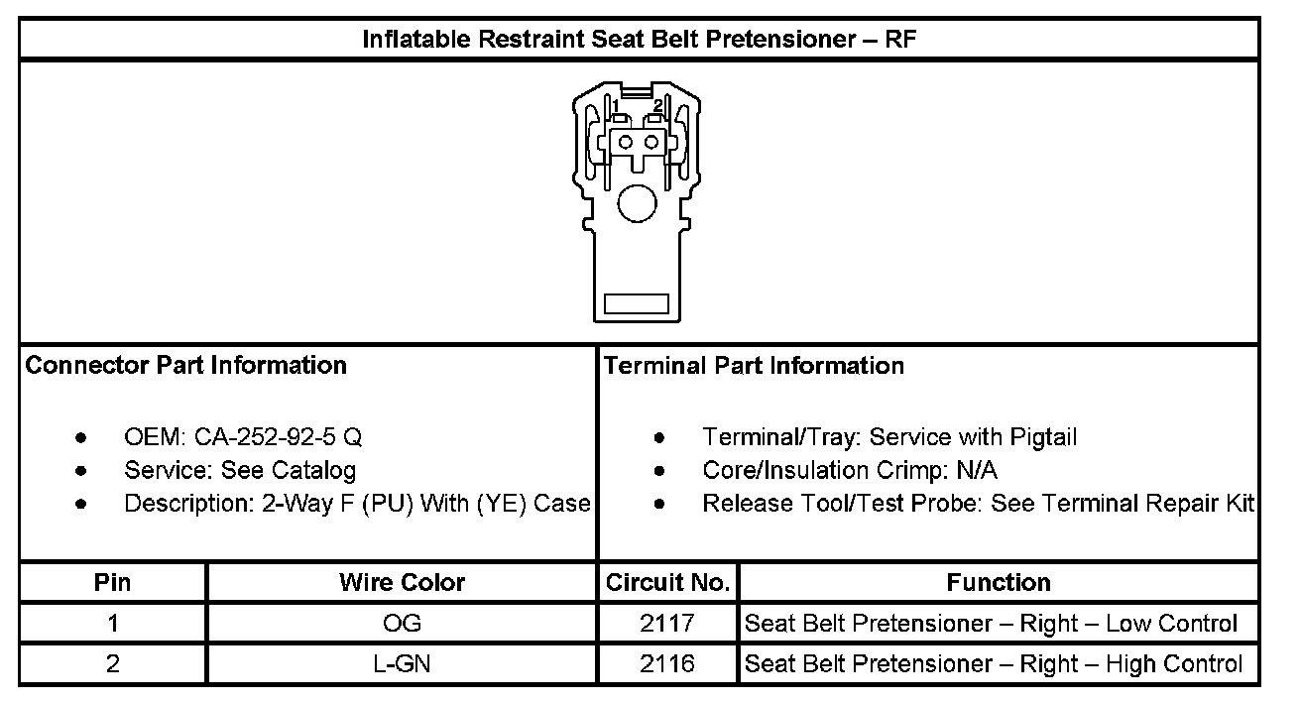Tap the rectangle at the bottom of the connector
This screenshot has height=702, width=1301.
click(637, 303)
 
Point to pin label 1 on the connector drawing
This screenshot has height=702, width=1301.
click(616, 105)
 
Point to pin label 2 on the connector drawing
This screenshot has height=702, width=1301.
click(656, 105)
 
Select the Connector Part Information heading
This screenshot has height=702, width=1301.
click(186, 366)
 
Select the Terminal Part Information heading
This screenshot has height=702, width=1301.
click(754, 366)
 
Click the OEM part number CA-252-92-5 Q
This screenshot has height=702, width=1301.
click(286, 437)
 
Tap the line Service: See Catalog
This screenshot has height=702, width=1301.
click(239, 470)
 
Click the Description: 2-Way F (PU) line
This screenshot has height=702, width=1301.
click(357, 504)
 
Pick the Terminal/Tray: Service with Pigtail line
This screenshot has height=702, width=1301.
click(888, 437)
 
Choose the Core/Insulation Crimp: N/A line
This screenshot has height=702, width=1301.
click(850, 470)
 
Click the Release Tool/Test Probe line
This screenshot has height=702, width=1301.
click(978, 504)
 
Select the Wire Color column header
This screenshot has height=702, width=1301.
click(402, 582)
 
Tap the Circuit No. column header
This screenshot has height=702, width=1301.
click(668, 582)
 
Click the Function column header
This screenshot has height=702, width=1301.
click(999, 582)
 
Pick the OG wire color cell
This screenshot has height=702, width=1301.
click(402, 624)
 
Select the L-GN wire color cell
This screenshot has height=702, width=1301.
click(402, 664)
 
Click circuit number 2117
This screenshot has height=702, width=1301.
click(668, 624)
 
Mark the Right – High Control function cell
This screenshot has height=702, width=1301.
click(993, 664)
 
